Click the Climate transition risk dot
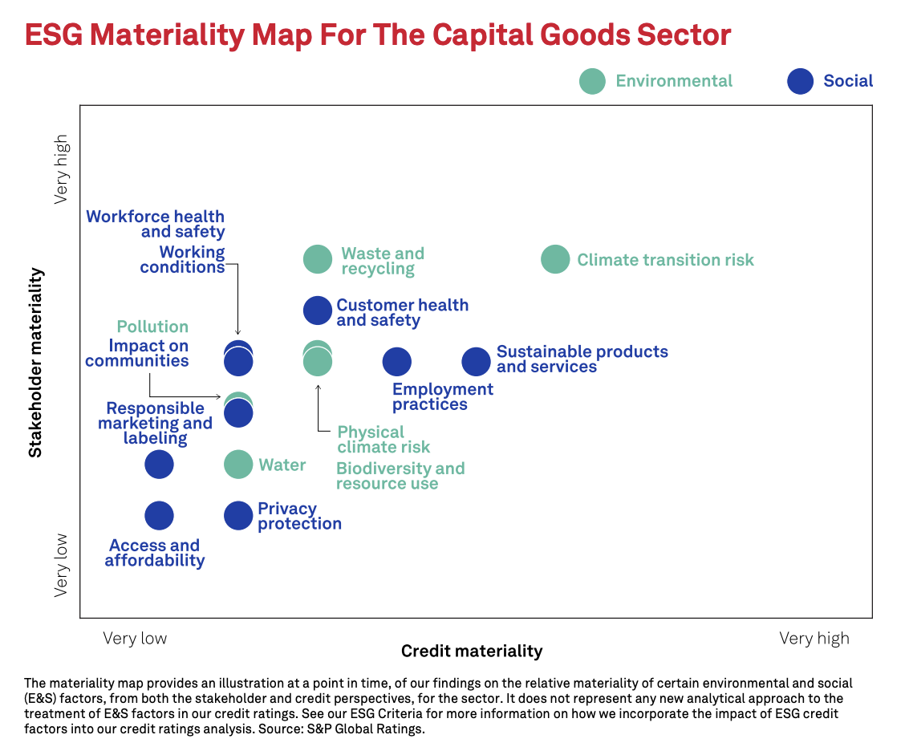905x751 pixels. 555,259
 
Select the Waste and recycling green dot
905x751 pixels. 318,259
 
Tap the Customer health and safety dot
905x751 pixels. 318,311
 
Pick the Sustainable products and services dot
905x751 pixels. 476,362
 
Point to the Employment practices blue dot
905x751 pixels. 396,362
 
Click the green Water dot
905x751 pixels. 238,464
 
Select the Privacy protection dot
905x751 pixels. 238,516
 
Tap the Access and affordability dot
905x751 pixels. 159,516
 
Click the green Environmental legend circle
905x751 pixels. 592,81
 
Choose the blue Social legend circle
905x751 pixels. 800,81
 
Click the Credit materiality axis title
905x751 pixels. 472,651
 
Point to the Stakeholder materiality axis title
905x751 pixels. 35,363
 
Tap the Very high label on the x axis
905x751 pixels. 814,639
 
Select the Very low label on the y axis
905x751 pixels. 62,566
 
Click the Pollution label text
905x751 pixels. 152,327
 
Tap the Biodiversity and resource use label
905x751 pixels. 400,476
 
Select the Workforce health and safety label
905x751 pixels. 156,224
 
